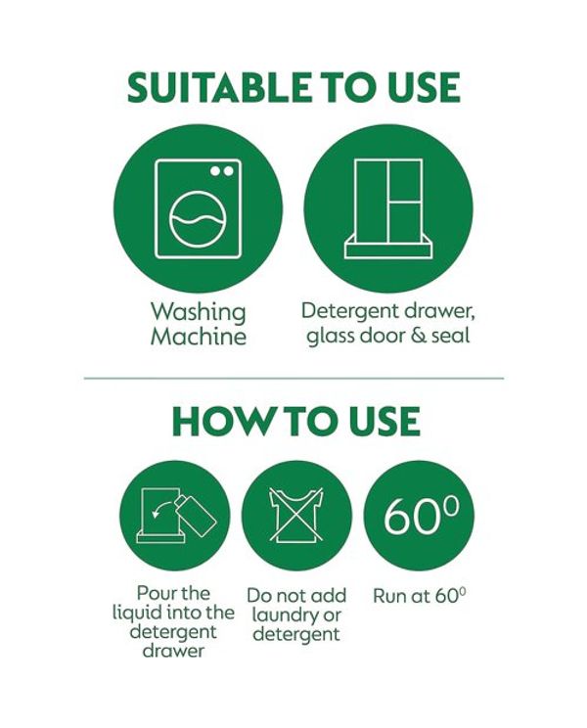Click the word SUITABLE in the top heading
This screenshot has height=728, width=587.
tap(219, 87)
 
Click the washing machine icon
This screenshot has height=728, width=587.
tap(199, 208)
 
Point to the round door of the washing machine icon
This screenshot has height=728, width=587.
tap(199, 219)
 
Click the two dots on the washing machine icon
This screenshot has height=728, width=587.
tap(222, 171)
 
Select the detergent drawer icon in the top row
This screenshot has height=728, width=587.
tap(388, 208)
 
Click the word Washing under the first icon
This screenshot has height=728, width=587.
tap(199, 312)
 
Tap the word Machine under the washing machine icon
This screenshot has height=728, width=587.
tap(199, 337)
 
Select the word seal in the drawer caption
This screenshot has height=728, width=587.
tap(451, 336)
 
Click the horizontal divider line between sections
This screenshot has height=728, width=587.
tap(293, 379)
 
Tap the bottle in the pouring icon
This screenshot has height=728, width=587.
tap(196, 516)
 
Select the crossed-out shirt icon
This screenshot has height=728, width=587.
tap(296, 515)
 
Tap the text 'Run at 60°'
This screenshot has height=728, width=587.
tap(419, 596)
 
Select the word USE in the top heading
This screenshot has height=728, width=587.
tap(425, 87)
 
